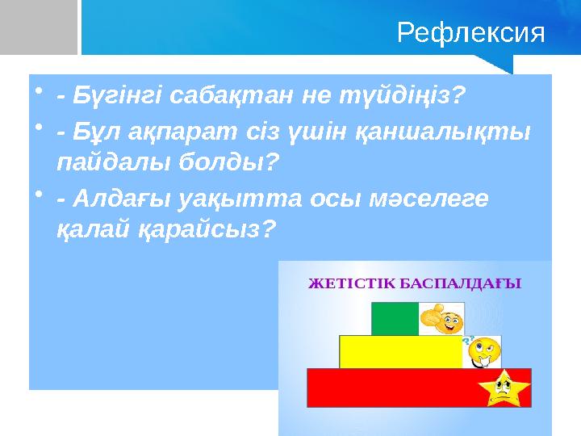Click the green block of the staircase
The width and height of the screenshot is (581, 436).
(395, 319)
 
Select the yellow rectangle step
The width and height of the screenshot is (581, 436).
(400, 352)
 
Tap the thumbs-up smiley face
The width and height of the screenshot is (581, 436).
(441, 318)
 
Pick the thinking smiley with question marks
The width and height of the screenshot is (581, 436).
(483, 350)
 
